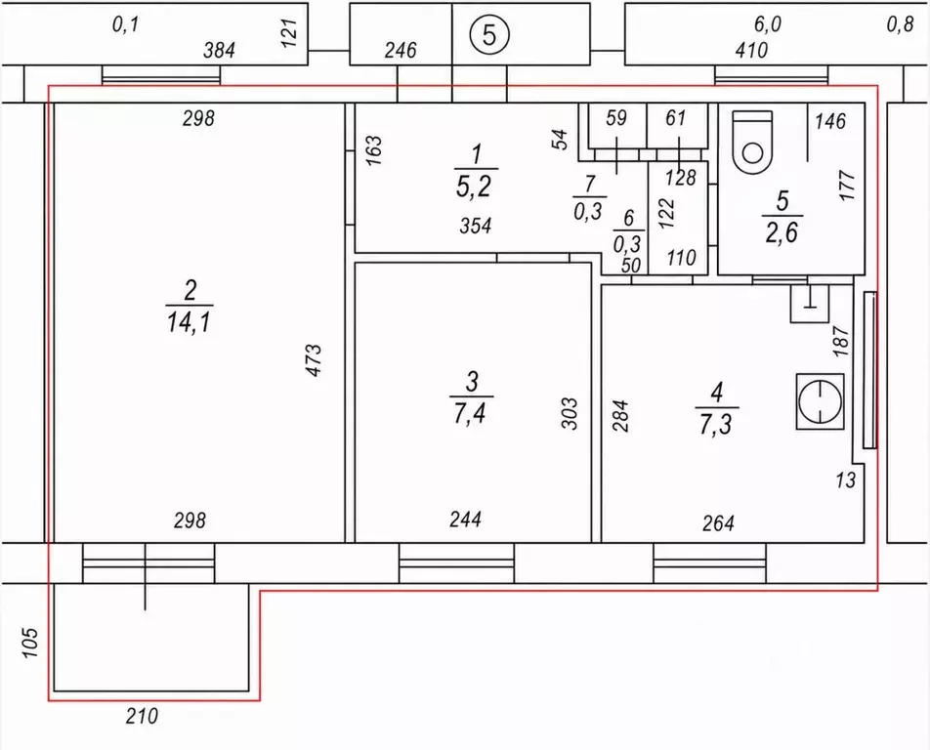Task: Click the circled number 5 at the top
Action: (489, 34)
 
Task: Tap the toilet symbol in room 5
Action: (752, 143)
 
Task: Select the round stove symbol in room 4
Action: (821, 401)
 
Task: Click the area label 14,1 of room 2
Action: (190, 323)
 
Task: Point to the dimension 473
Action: (314, 360)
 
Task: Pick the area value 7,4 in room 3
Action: (470, 413)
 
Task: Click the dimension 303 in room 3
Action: (569, 414)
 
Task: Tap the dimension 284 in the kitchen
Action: (619, 416)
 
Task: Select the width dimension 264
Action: (718, 523)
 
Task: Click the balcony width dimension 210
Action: (143, 716)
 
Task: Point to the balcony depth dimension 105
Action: (29, 643)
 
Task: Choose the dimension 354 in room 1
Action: (476, 226)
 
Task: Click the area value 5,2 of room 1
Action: (474, 187)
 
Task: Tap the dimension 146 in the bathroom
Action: (829, 121)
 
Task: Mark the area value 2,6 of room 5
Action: (782, 231)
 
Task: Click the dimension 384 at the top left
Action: (220, 51)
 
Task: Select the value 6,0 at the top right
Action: (768, 24)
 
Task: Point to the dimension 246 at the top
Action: (401, 51)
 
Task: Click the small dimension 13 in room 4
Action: (846, 479)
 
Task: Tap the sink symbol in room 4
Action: (809, 303)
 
